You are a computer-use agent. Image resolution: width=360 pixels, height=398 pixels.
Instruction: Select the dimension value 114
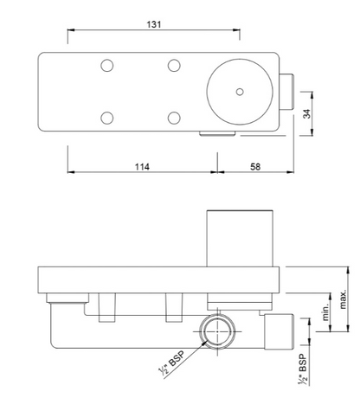click(142, 166)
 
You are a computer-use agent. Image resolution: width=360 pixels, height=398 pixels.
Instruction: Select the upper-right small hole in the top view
click(173, 66)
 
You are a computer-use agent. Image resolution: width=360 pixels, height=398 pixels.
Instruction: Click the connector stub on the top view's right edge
click(288, 91)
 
